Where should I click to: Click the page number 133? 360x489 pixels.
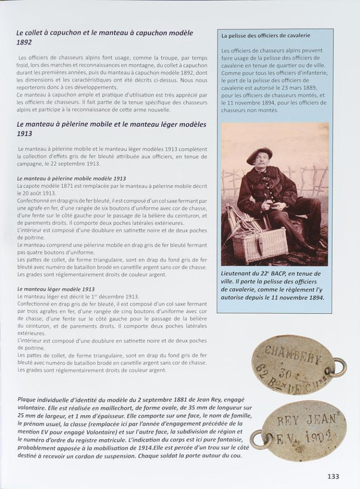click(333, 476)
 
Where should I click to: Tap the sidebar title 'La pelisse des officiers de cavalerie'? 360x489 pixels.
click(266, 35)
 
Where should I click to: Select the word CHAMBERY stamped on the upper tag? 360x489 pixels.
click(293, 357)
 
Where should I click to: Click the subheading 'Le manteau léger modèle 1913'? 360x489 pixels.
click(56, 289)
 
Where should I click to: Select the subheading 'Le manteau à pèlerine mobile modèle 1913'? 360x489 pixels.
click(71, 178)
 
